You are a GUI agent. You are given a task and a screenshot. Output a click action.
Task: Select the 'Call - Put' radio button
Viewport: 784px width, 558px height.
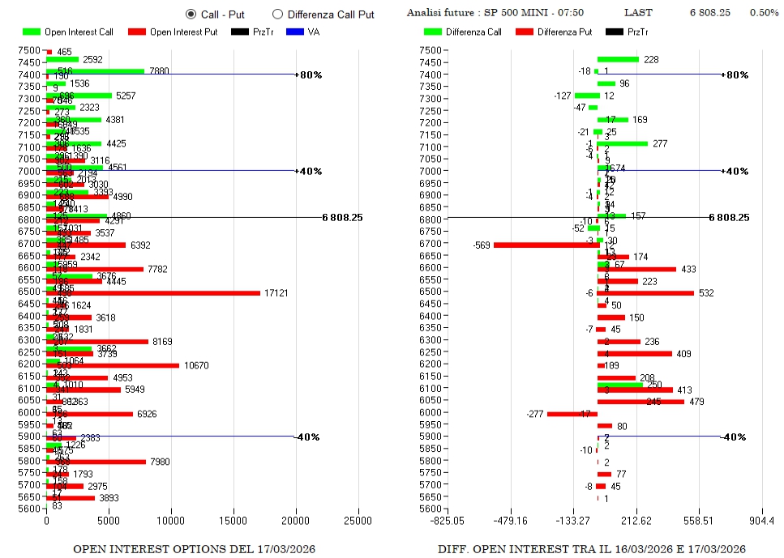pyautogui.click(x=191, y=14)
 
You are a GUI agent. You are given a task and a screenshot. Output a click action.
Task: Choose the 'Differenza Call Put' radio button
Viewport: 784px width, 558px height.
pyautogui.click(x=277, y=14)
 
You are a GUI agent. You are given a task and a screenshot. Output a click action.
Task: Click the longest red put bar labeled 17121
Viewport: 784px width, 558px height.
pyautogui.click(x=153, y=292)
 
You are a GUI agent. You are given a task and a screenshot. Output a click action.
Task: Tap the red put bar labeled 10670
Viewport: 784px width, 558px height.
pyautogui.click(x=113, y=365)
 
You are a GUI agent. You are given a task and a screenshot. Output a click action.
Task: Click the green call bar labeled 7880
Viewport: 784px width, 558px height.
pyautogui.click(x=96, y=71)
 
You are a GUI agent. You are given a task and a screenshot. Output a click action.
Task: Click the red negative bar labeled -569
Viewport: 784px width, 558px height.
pyautogui.click(x=545, y=245)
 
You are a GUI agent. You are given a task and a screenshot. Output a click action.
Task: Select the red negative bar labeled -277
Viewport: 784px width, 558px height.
pyautogui.click(x=572, y=414)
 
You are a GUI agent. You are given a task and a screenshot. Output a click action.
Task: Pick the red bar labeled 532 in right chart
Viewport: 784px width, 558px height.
pyautogui.click(x=645, y=292)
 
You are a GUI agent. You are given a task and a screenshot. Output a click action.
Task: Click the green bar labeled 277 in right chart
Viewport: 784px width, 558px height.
pyautogui.click(x=623, y=143)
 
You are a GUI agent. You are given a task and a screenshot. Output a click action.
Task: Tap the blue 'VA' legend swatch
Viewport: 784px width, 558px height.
pyautogui.click(x=294, y=32)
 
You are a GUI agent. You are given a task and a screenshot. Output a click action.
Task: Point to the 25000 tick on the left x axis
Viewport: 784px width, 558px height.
pyautogui.click(x=358, y=521)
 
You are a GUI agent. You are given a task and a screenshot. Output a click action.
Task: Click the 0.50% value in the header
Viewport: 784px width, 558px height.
pyautogui.click(x=764, y=13)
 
